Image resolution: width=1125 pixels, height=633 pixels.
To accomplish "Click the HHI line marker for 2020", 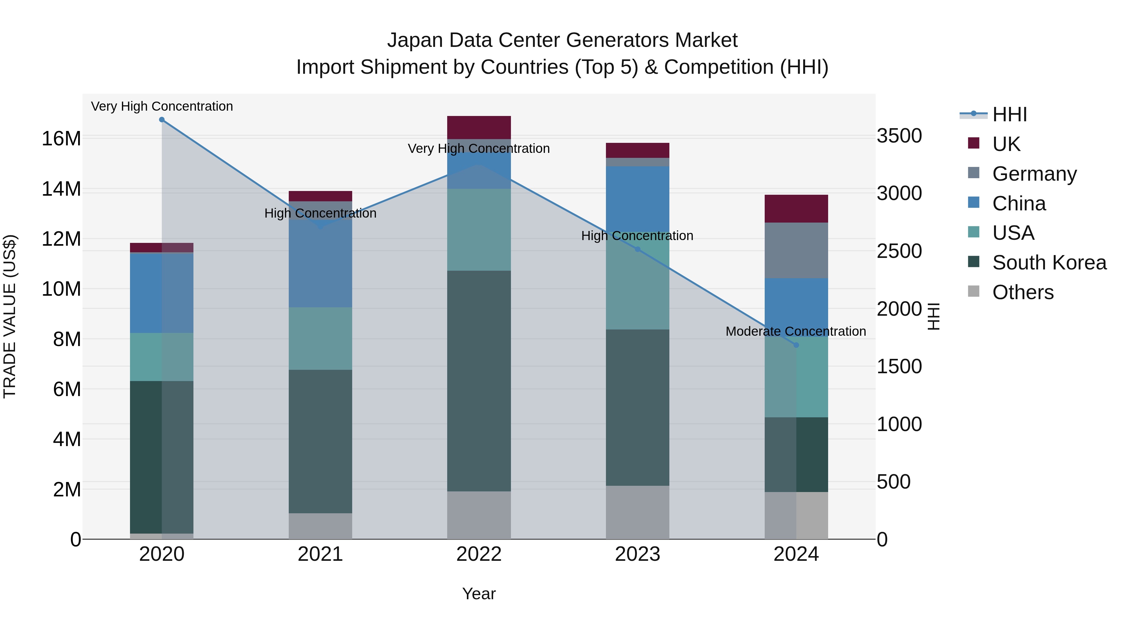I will [x=162, y=120].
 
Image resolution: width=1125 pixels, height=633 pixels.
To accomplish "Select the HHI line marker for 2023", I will [x=637, y=249].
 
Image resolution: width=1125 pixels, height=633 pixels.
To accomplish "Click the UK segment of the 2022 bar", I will [x=479, y=128].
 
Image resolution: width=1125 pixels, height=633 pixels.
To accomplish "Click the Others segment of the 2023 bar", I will [x=637, y=512].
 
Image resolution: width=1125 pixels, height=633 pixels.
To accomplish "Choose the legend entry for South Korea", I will [x=1049, y=263].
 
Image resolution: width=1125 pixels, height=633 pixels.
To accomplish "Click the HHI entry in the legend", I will [x=1009, y=114].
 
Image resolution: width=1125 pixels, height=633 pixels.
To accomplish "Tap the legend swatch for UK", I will [x=973, y=143].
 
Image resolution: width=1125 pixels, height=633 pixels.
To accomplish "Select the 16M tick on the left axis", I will [x=61, y=139].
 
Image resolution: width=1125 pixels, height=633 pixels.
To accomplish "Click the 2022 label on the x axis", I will [x=479, y=554].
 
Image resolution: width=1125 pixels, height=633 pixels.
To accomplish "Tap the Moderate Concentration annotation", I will [x=795, y=332].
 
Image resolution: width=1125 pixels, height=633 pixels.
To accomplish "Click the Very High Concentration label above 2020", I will [x=162, y=107].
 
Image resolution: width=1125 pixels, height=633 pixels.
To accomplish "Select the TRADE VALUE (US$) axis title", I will [x=10, y=316].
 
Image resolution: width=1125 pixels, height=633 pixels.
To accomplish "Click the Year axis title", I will [x=479, y=594].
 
